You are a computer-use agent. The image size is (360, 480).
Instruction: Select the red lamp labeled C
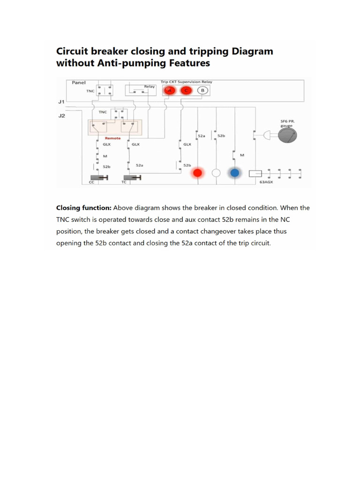(187, 90)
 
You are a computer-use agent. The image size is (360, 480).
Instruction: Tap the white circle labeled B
(202, 90)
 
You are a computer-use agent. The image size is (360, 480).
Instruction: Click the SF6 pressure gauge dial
(288, 135)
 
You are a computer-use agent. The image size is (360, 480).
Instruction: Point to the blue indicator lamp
(234, 173)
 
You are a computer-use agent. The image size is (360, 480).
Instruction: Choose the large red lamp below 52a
(197, 173)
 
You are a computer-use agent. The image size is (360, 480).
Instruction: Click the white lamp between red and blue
(216, 173)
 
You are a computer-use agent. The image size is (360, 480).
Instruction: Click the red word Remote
(112, 138)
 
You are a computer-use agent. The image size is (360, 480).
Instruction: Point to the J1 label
(61, 101)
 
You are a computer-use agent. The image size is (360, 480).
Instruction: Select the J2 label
(61, 116)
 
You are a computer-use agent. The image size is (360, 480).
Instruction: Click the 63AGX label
(266, 182)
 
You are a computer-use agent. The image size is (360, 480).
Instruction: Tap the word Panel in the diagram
(79, 82)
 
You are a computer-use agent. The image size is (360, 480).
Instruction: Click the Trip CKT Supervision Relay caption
(186, 82)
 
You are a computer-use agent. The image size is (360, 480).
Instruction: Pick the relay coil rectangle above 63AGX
(255, 173)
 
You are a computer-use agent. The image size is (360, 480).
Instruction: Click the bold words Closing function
(83, 208)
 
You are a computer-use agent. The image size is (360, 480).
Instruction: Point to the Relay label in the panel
(149, 86)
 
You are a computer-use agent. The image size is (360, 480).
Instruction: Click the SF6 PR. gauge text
(287, 123)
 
